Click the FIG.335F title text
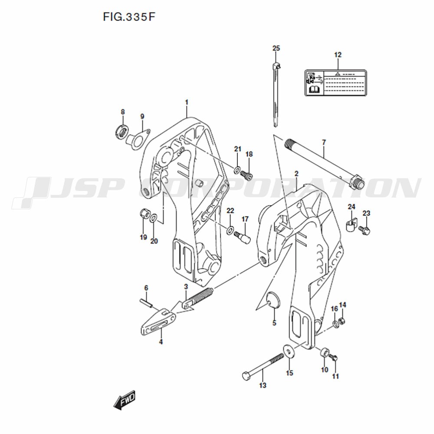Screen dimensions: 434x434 [129, 17]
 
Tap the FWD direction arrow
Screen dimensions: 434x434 [125, 399]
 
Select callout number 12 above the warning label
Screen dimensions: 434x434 [338, 55]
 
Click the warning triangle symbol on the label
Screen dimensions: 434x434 [337, 74]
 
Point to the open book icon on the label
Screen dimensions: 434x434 [314, 89]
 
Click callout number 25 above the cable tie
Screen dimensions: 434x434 [276, 48]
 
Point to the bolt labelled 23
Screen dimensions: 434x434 [365, 230]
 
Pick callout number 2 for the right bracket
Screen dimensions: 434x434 [296, 174]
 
